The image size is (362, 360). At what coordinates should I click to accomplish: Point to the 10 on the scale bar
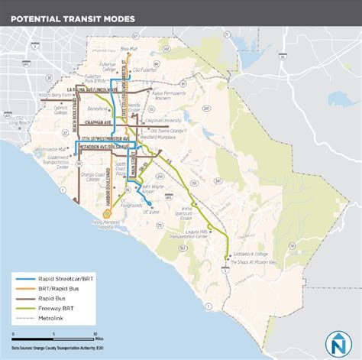tap(94, 334)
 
